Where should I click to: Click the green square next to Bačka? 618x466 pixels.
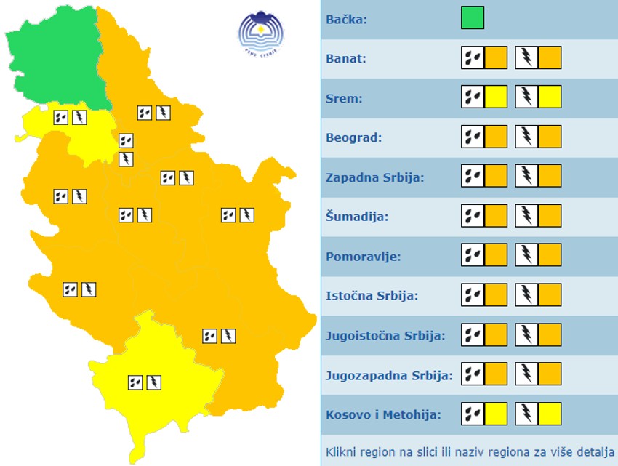pyautogui.click(x=473, y=17)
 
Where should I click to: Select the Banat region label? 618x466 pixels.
pyautogui.click(x=346, y=57)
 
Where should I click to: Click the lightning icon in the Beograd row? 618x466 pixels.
pyautogui.click(x=526, y=137)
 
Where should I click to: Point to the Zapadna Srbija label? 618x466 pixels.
pyautogui.click(x=375, y=177)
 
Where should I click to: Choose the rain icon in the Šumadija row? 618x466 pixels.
pyautogui.click(x=473, y=216)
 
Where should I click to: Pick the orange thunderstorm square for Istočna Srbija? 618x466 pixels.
pyautogui.click(x=550, y=295)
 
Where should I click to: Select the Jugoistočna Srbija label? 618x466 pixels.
pyautogui.click(x=385, y=335)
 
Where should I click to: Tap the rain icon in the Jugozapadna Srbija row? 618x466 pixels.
pyautogui.click(x=473, y=374)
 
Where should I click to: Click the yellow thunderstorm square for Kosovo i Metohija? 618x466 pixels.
pyautogui.click(x=550, y=414)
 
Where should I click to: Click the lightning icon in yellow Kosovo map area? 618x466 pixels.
pyautogui.click(x=153, y=382)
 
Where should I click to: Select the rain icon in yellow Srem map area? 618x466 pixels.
pyautogui.click(x=60, y=116)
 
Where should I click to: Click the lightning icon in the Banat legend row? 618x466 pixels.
pyautogui.click(x=526, y=57)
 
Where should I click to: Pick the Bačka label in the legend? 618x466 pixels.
pyautogui.click(x=347, y=18)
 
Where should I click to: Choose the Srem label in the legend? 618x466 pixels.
pyautogui.click(x=345, y=97)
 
